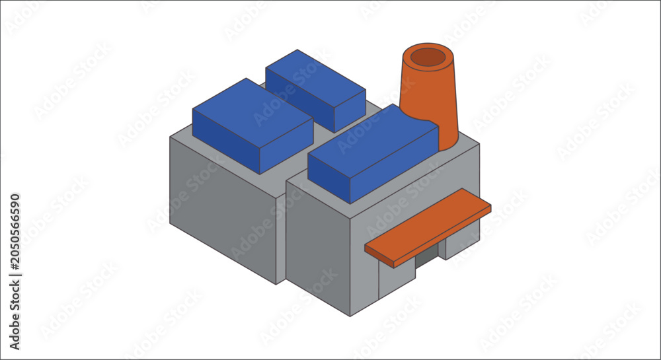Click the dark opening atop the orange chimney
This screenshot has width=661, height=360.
[x=428, y=57]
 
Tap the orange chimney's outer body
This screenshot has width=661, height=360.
[x=430, y=97]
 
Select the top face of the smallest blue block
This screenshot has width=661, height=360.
[x=315, y=78]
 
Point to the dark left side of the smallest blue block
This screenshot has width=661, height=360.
[x=299, y=100]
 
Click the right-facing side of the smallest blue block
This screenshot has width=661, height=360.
[x=350, y=111]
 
